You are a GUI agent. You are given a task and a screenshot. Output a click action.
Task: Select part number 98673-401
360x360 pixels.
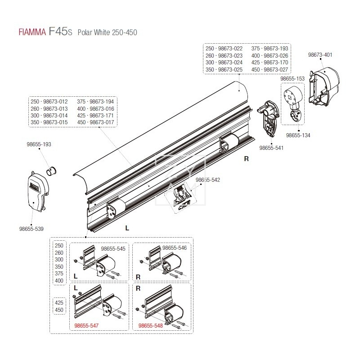(x=320, y=54)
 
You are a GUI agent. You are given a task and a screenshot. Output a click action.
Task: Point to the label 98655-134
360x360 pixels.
(x=298, y=135)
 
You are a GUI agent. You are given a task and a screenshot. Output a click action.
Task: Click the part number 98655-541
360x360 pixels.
(x=272, y=147)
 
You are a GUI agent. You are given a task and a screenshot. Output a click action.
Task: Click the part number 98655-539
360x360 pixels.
(x=31, y=229)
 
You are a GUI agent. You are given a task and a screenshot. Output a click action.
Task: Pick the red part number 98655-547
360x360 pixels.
(x=86, y=325)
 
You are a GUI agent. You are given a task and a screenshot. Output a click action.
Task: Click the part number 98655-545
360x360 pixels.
(x=113, y=248)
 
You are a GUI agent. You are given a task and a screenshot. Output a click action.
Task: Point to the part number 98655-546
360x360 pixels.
(x=174, y=248)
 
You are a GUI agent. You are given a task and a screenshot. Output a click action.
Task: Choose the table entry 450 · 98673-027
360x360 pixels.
(x=270, y=70)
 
